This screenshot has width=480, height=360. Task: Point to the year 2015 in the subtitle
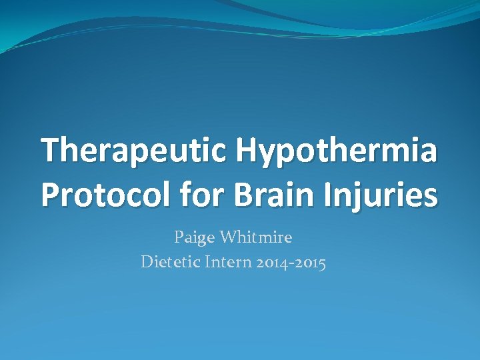(x=310, y=263)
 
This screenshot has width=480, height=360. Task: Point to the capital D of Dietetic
(x=147, y=262)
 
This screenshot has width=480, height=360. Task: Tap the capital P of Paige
(x=179, y=236)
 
